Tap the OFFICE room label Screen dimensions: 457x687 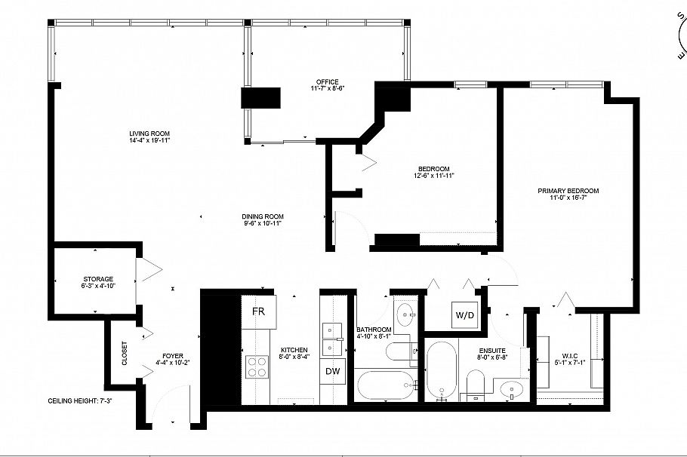pyautogui.click(x=328, y=82)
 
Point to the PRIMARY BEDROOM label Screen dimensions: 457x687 pyautogui.click(x=568, y=191)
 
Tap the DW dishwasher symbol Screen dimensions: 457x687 pyautogui.click(x=331, y=371)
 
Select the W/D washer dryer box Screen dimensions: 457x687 pyautogui.click(x=464, y=314)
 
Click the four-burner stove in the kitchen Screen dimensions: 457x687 pyautogui.click(x=257, y=367)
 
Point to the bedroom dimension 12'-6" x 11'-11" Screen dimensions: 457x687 pyautogui.click(x=433, y=175)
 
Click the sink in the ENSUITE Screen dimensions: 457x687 pyautogui.click(x=511, y=391)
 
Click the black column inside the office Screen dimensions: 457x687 pyautogui.click(x=260, y=99)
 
